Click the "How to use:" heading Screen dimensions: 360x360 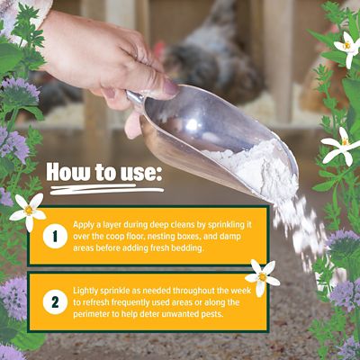(103, 171)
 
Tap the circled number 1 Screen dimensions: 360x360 (53, 237)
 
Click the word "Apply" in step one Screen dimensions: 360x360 (87, 220)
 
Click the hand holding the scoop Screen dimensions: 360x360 (90, 54)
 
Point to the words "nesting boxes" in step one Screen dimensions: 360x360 (153, 236)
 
